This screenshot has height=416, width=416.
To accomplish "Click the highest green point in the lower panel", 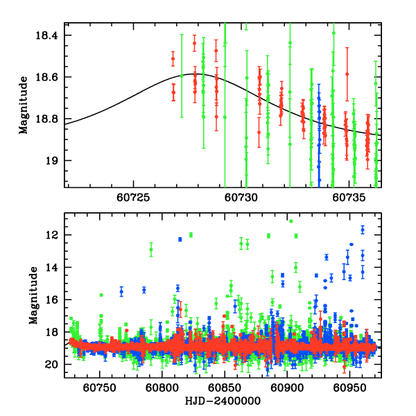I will tap(291, 221).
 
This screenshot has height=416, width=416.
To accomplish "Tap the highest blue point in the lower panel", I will tap(362, 229).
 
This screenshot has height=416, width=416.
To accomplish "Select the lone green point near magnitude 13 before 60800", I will tap(151, 249).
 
